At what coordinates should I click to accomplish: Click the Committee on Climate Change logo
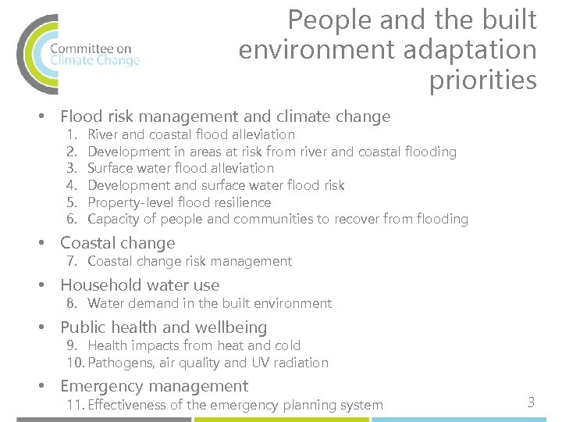click(x=78, y=53)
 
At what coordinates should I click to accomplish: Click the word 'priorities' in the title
click(x=482, y=80)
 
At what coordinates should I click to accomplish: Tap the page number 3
click(x=531, y=402)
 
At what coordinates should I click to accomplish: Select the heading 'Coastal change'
click(x=117, y=243)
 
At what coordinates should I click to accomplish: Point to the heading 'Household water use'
click(x=140, y=285)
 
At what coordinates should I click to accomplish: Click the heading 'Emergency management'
click(x=154, y=386)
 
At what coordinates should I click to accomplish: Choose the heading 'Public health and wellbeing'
click(x=163, y=327)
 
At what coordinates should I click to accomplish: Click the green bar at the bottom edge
click(x=281, y=419)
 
